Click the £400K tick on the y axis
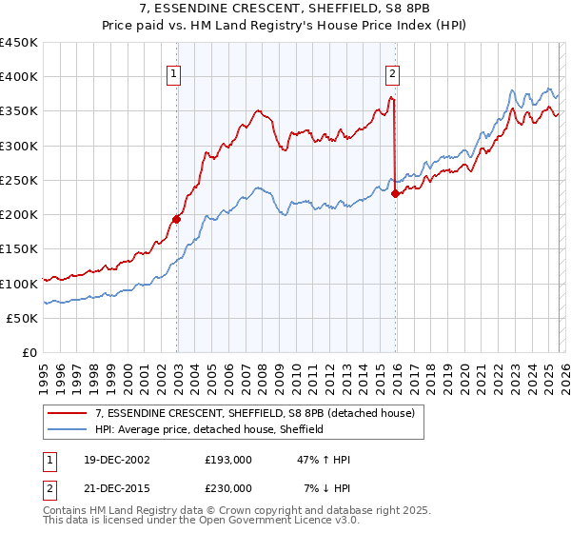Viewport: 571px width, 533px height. pos(19,77)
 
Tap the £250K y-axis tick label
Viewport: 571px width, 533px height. pos(19,181)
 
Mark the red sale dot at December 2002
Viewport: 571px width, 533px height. pos(177,219)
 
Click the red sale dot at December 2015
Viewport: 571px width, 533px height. pos(396,193)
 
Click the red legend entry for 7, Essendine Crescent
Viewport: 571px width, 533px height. pos(254,414)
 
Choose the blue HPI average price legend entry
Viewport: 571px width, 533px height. pos(209,429)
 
